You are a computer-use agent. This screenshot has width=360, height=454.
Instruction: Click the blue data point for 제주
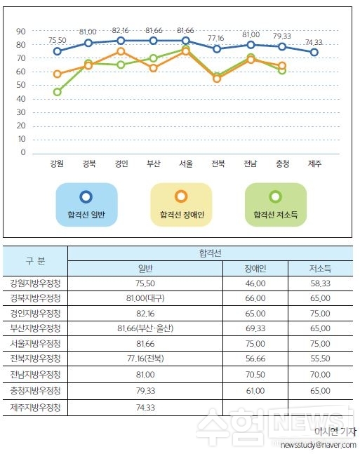(x=314, y=53)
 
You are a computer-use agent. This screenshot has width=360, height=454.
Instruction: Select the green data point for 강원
(x=58, y=92)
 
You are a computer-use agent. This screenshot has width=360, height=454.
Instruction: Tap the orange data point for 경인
(x=121, y=51)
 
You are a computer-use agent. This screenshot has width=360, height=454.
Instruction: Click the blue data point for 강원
(x=58, y=51)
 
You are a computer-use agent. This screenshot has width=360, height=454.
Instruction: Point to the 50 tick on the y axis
(x=21, y=85)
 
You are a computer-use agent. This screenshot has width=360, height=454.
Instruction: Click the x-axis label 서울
(x=186, y=163)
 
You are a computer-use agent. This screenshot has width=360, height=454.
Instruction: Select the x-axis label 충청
(x=282, y=163)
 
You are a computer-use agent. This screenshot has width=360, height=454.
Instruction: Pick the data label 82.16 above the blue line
(x=120, y=31)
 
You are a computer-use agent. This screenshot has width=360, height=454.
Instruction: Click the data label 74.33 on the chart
(x=314, y=43)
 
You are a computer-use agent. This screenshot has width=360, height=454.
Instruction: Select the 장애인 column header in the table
(x=255, y=269)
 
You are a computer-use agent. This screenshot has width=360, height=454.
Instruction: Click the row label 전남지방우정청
(x=35, y=375)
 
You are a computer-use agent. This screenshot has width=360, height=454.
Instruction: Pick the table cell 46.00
(x=255, y=283)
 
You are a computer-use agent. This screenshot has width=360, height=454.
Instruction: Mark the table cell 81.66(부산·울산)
(x=145, y=328)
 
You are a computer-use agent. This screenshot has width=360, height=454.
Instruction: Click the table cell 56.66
(x=255, y=359)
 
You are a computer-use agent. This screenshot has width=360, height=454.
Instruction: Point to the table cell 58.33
(x=320, y=283)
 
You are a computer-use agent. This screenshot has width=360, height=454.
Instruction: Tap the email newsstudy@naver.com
(x=319, y=445)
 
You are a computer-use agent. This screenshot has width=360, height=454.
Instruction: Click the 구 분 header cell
(x=35, y=261)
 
